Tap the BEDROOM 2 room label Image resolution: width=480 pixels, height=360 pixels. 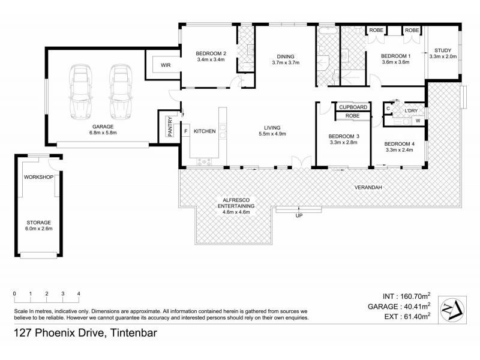tap(211, 53)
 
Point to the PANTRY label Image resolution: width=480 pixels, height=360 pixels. tap(170, 127)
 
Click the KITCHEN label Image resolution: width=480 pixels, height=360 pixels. tap(205, 131)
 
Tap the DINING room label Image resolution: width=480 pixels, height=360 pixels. tap(285, 56)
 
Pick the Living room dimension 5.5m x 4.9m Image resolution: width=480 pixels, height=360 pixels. tap(272, 134)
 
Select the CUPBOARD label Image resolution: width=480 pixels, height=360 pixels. tap(353, 107)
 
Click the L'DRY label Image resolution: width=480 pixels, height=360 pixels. tap(411, 110)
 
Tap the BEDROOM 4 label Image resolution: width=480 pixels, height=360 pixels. tap(399, 143)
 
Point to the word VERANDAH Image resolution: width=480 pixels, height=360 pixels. tap(368, 187)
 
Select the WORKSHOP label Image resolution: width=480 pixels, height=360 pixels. tap(39, 177)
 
